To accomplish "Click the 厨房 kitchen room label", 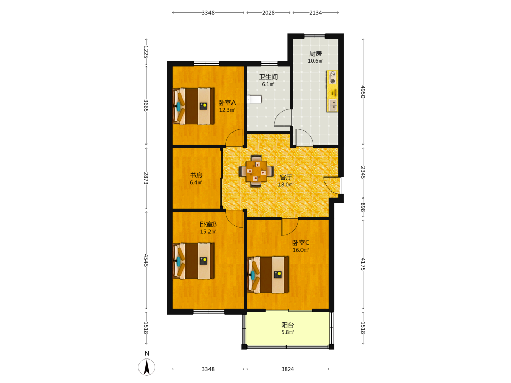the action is click(315, 54).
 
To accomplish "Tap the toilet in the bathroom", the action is click(254, 99).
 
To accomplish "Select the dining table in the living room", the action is click(256, 171).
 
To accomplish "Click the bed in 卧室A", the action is click(193, 106).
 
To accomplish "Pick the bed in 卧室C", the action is click(268, 275).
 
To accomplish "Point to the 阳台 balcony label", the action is click(287, 325).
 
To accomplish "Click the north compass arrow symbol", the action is click(147, 367).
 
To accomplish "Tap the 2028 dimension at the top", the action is click(268, 13).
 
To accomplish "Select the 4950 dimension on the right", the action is click(363, 92).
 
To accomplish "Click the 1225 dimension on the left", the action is click(146, 52).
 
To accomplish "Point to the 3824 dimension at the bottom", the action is click(287, 369).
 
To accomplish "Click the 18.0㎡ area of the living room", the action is click(286, 185).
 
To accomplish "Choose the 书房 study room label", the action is click(196, 175).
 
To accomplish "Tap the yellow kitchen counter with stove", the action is click(332, 91).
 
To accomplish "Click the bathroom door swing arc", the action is click(282, 118).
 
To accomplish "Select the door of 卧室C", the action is click(290, 227).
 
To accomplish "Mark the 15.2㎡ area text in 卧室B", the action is click(208, 232).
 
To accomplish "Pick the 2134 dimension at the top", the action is click(315, 13).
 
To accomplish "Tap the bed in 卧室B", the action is click(193, 260).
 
